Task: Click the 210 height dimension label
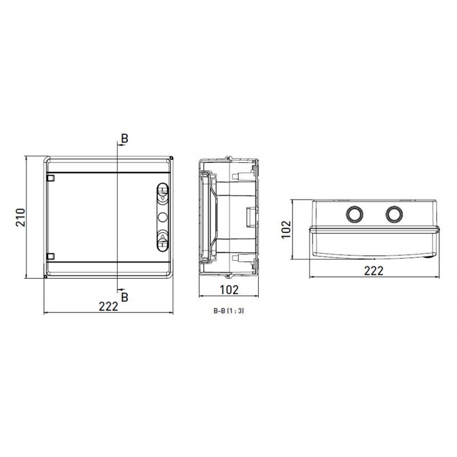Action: (x=21, y=218)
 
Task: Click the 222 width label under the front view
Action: (x=109, y=306)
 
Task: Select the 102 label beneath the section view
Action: (x=229, y=290)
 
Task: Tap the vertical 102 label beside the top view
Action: (x=286, y=230)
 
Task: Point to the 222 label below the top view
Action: (x=374, y=271)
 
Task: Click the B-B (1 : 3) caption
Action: (x=229, y=311)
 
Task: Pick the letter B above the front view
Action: (x=125, y=138)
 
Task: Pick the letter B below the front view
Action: (x=125, y=297)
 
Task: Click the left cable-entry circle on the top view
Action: (x=354, y=214)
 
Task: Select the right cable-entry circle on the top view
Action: (x=394, y=214)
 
